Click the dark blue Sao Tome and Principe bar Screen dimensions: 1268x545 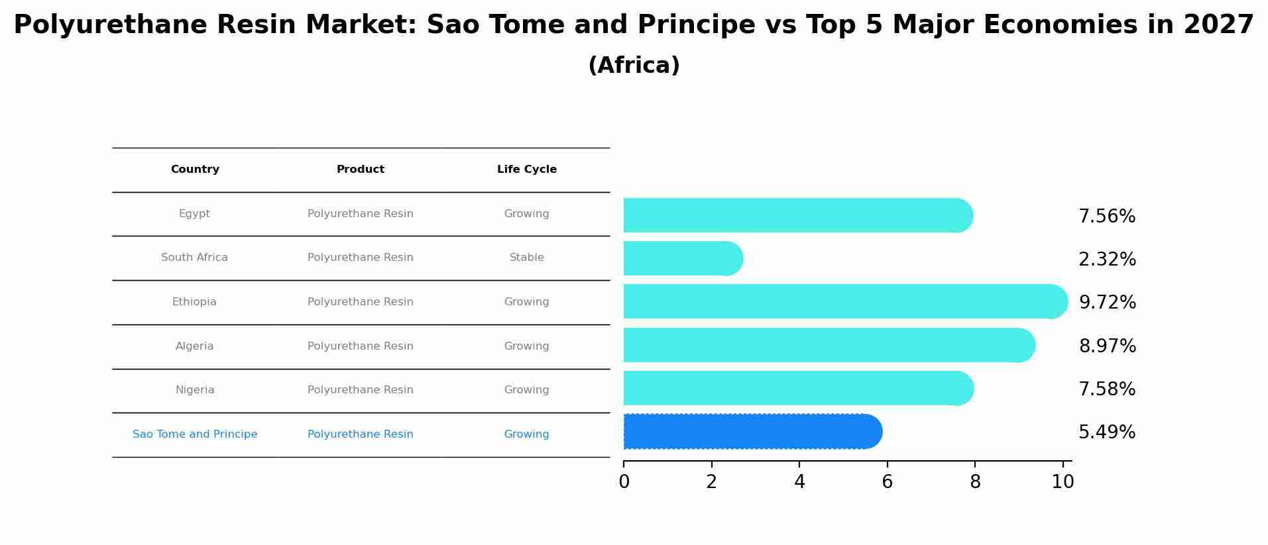click(753, 432)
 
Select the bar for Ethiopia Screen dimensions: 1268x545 click(846, 302)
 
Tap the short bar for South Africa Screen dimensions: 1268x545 click(683, 258)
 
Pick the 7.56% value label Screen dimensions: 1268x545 click(1107, 217)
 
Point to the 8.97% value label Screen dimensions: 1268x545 click(1107, 346)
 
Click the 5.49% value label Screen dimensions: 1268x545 click(1107, 432)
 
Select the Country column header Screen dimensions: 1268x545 click(195, 170)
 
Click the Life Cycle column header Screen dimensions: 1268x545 click(527, 170)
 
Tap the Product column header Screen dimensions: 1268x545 click(361, 170)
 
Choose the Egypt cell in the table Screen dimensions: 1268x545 click(194, 214)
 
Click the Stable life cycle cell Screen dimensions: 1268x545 click(527, 258)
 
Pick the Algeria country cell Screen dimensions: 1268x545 click(195, 346)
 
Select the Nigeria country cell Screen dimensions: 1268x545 click(195, 390)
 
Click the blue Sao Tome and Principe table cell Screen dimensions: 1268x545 click(195, 434)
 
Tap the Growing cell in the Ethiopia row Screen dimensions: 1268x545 click(527, 302)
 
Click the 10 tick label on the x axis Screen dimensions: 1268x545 click(1063, 482)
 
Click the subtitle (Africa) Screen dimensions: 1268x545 click(634, 66)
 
